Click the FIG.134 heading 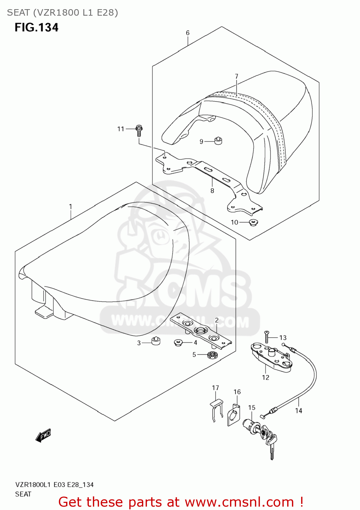point(36,27)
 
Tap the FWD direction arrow point(43,436)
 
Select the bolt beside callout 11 point(139,130)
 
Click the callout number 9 point(201,141)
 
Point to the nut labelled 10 point(253,223)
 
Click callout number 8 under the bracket point(212,191)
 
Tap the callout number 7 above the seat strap point(236,76)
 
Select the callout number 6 point(188,33)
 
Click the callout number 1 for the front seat point(70,207)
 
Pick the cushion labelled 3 point(156,341)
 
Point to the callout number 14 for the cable point(299,411)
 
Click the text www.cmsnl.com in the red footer point(240,502)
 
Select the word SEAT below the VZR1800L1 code point(23,494)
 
